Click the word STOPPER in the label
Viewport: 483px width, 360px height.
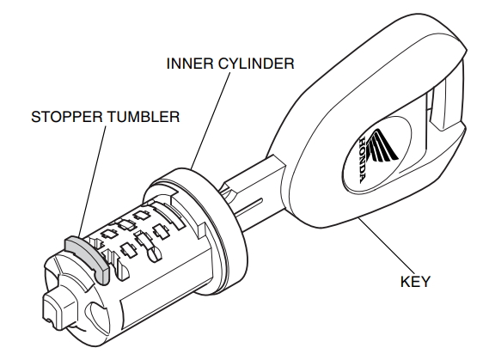pos(67,117)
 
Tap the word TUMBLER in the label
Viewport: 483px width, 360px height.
pos(144,117)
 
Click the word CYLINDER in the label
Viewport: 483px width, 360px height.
pos(256,64)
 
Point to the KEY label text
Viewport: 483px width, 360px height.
pos(414,282)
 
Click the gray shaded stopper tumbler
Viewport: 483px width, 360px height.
pos(87,255)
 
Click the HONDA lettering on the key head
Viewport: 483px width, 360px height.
pos(363,160)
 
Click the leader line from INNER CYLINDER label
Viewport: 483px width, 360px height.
pos(211,121)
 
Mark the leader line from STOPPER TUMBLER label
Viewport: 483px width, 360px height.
pos(92,181)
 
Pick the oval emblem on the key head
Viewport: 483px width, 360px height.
pos(376,156)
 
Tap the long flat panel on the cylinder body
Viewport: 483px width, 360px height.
pos(167,287)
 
